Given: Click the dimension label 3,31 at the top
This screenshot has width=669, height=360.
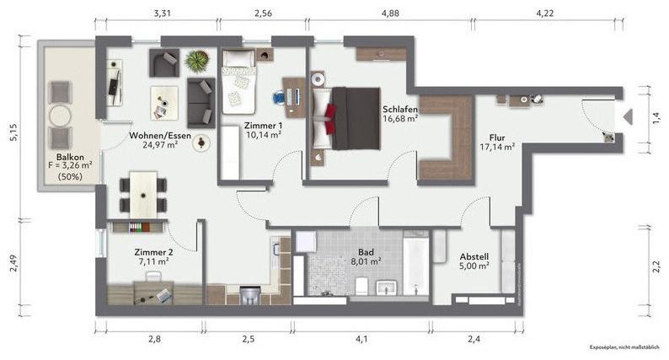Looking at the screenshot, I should pos(162,13).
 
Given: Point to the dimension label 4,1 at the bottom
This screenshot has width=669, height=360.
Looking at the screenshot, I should pos(361,339).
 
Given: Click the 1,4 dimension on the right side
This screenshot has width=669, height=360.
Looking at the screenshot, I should pos(654,117).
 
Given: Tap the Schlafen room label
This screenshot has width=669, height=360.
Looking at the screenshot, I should pos(399,109).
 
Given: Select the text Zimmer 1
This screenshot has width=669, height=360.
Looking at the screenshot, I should pos(264,123).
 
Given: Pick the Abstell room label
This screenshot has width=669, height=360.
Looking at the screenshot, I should pos(474,256).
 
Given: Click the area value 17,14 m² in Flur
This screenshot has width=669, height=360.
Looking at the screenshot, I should pos(496,147).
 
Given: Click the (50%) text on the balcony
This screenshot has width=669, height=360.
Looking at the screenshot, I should pos(70,177).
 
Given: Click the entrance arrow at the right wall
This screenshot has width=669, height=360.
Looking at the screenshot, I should pos(626,118).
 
